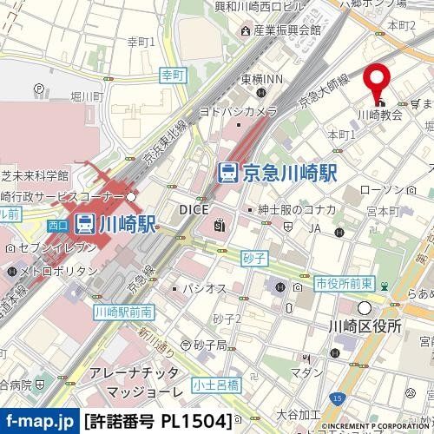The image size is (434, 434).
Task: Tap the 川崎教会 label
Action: pyautogui.click(x=380, y=115)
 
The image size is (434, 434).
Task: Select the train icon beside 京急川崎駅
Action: pyautogui.click(x=227, y=172)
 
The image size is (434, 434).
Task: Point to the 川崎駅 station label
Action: pyautogui.click(x=127, y=224)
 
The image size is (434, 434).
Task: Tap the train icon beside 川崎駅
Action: pyautogui.click(x=85, y=224)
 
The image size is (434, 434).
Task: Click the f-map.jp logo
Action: pyautogui.click(x=38, y=421)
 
